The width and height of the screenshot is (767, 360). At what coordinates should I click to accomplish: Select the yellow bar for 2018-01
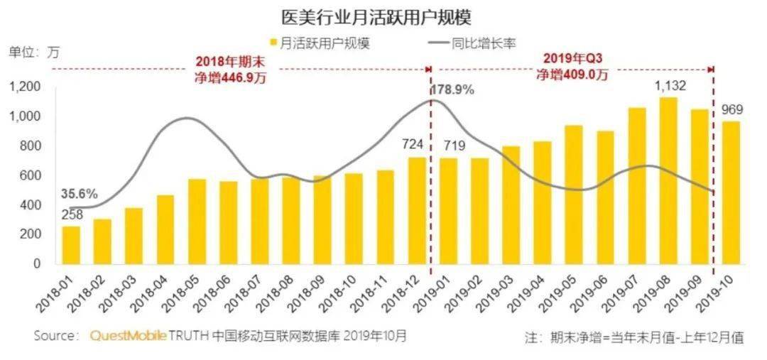(x=71, y=245)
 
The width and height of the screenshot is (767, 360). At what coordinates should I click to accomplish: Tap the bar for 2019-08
(x=668, y=181)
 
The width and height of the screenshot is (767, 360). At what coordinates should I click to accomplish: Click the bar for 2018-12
(x=417, y=211)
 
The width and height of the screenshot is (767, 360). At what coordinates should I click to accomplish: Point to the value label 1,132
(x=668, y=87)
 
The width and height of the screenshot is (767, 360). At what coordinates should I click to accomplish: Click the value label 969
(x=732, y=110)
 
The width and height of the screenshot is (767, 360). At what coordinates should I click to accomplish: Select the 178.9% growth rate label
(x=453, y=90)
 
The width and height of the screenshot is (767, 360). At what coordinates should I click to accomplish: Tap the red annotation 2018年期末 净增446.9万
(x=230, y=70)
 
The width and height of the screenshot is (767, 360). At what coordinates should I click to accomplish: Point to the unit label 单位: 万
(x=34, y=52)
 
